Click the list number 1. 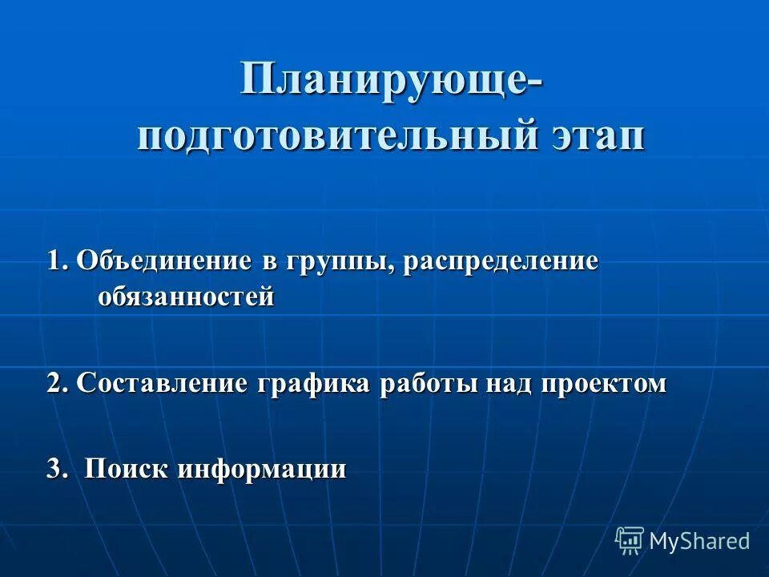pyautogui.click(x=56, y=262)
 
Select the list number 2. pyautogui.click(x=56, y=384)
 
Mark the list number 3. pyautogui.click(x=56, y=469)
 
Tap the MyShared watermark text pyautogui.click(x=699, y=541)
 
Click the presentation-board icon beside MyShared pyautogui.click(x=630, y=540)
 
